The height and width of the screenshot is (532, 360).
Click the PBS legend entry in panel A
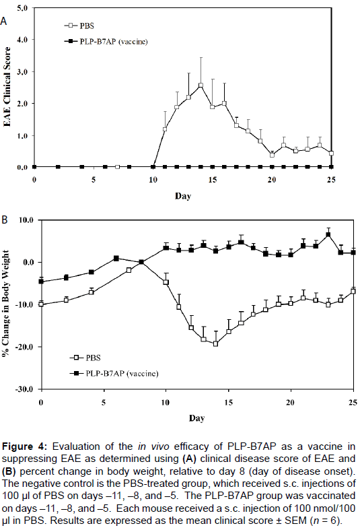79,26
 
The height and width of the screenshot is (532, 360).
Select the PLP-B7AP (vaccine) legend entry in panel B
114,374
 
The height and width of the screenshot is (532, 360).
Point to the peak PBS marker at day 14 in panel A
201,86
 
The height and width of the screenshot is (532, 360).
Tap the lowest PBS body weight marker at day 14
215,344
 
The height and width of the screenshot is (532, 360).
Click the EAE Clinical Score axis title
7,87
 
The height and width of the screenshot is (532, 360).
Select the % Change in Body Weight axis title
5,304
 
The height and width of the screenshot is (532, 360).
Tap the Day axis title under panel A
183,196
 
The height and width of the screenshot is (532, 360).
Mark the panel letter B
5,220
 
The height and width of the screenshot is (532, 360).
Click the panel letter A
3,22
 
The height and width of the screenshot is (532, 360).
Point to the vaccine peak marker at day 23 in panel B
328,234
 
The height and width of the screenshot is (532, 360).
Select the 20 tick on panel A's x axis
272,180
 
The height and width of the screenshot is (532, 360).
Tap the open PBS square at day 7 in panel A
117,167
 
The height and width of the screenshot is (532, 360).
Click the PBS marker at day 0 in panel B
41,304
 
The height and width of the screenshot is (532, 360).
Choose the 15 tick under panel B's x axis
229,403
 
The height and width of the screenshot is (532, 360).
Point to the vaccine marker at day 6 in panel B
116,259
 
